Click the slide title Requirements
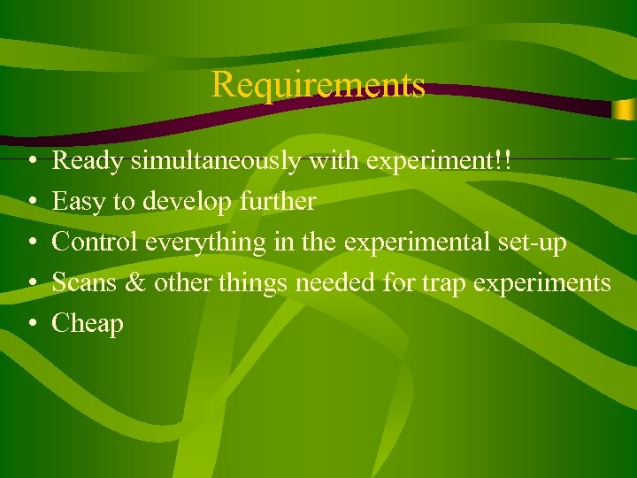click(x=318, y=85)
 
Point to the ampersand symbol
click(x=138, y=283)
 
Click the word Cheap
click(x=88, y=324)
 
